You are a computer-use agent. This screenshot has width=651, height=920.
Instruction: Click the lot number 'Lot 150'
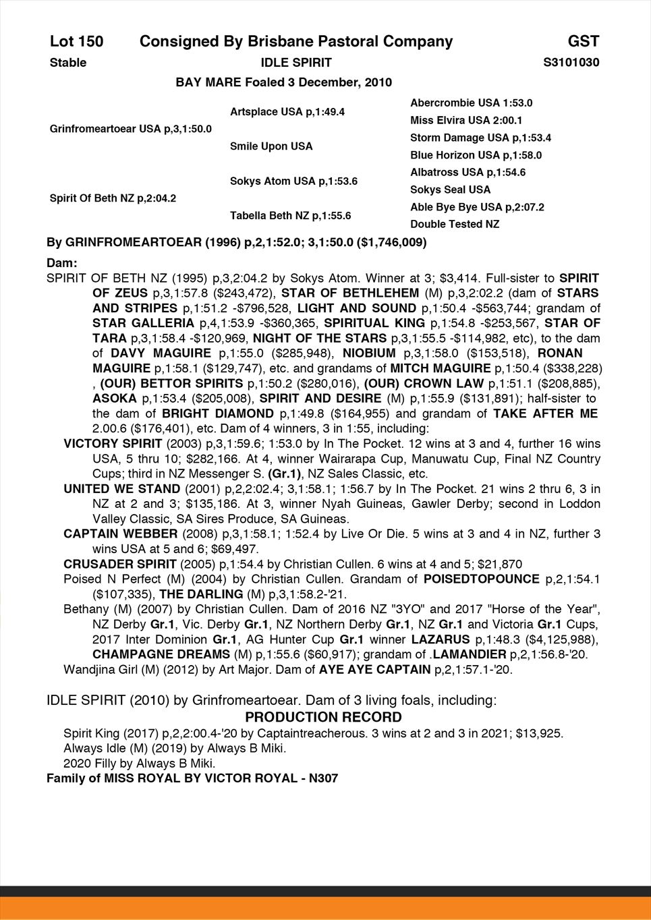click(76, 42)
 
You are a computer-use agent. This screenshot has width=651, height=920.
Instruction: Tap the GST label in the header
click(583, 42)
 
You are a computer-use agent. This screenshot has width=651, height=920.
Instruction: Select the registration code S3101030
click(571, 63)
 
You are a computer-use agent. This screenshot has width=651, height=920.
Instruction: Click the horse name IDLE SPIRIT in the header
click(295, 63)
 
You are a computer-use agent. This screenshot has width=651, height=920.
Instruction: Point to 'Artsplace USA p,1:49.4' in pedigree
click(287, 112)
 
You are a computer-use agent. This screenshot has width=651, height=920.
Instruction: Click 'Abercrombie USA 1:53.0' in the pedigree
click(471, 103)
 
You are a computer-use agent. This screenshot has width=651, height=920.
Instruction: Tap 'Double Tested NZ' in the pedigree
click(455, 224)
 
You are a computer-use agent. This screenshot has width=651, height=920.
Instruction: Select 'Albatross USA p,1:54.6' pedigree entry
click(468, 173)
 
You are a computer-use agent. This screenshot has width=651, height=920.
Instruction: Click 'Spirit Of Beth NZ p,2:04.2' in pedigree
click(113, 198)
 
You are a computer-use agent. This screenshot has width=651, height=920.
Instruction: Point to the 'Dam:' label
click(62, 262)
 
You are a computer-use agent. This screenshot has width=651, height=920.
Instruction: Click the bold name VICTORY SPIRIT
click(113, 444)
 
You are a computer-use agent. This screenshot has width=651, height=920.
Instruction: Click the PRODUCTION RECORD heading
click(323, 717)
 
